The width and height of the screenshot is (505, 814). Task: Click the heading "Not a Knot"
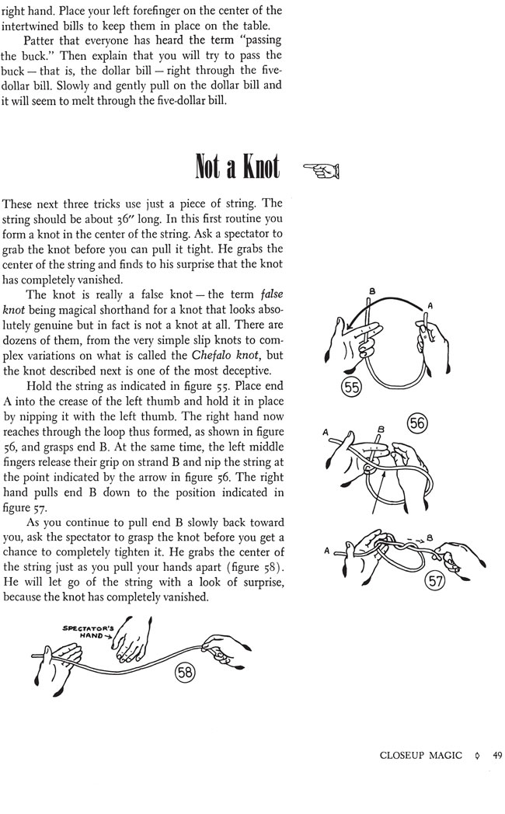[238, 166]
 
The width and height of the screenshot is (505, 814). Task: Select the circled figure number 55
[353, 387]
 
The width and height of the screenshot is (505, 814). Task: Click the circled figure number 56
[417, 423]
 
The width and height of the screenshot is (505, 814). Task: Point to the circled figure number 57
[437, 579]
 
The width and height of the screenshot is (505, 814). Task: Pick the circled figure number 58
[185, 673]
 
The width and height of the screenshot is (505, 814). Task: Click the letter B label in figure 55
[371, 292]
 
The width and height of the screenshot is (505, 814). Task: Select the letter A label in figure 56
[326, 432]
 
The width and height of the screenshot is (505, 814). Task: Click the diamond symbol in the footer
[475, 755]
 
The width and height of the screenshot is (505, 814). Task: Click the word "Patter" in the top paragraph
[40, 40]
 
